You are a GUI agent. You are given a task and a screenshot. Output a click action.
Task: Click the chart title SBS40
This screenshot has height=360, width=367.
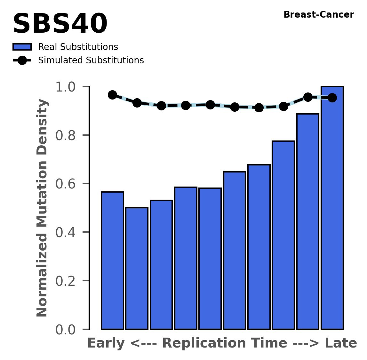click(x=60, y=24)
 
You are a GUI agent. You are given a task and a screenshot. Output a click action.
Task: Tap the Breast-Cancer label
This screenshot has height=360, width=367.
click(x=319, y=15)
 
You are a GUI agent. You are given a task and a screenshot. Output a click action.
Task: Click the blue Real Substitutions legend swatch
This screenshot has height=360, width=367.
click(x=22, y=47)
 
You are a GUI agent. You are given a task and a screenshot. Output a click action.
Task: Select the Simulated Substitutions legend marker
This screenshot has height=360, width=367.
click(x=22, y=60)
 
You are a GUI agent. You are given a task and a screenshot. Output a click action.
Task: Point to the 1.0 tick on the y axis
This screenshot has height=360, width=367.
click(x=68, y=87)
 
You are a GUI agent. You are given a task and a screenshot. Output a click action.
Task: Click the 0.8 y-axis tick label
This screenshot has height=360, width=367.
click(x=68, y=136)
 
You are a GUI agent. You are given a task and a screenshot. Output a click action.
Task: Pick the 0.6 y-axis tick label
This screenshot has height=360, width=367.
click(x=68, y=184)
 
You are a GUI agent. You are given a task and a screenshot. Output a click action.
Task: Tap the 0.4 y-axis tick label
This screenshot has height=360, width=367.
click(x=68, y=233)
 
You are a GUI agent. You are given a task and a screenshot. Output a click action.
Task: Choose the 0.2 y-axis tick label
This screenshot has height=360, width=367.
click(x=68, y=281)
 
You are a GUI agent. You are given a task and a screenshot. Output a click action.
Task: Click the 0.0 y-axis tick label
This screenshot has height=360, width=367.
click(x=68, y=330)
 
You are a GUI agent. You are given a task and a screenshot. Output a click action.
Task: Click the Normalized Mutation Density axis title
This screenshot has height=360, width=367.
click(x=42, y=208)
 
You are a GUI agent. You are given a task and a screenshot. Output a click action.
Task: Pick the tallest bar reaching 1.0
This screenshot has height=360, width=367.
click(x=332, y=208)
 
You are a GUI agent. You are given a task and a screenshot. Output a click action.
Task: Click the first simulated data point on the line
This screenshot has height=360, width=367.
click(x=112, y=95)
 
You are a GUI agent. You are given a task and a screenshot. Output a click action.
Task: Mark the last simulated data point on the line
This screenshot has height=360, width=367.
click(x=332, y=98)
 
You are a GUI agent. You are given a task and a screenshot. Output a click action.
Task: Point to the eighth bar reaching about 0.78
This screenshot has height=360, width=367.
click(x=283, y=235)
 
